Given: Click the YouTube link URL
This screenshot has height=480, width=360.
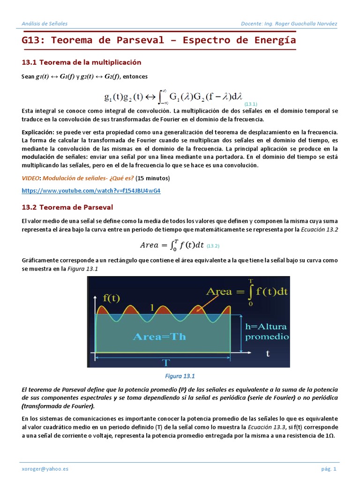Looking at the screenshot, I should [91, 191].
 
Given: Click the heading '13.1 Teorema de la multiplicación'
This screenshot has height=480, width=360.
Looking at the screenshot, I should [82, 62].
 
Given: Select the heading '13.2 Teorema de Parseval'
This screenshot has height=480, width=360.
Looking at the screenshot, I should [67, 207].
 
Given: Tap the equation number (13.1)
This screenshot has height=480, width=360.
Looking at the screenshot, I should [251, 104].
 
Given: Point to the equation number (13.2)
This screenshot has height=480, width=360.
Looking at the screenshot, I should [213, 246].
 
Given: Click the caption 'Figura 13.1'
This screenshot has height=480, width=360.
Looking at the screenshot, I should [180, 376].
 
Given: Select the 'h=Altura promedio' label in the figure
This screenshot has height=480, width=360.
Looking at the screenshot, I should [266, 331].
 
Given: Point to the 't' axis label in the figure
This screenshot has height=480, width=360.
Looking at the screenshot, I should [268, 353].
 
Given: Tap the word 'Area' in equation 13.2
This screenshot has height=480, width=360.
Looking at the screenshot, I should [150, 245].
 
